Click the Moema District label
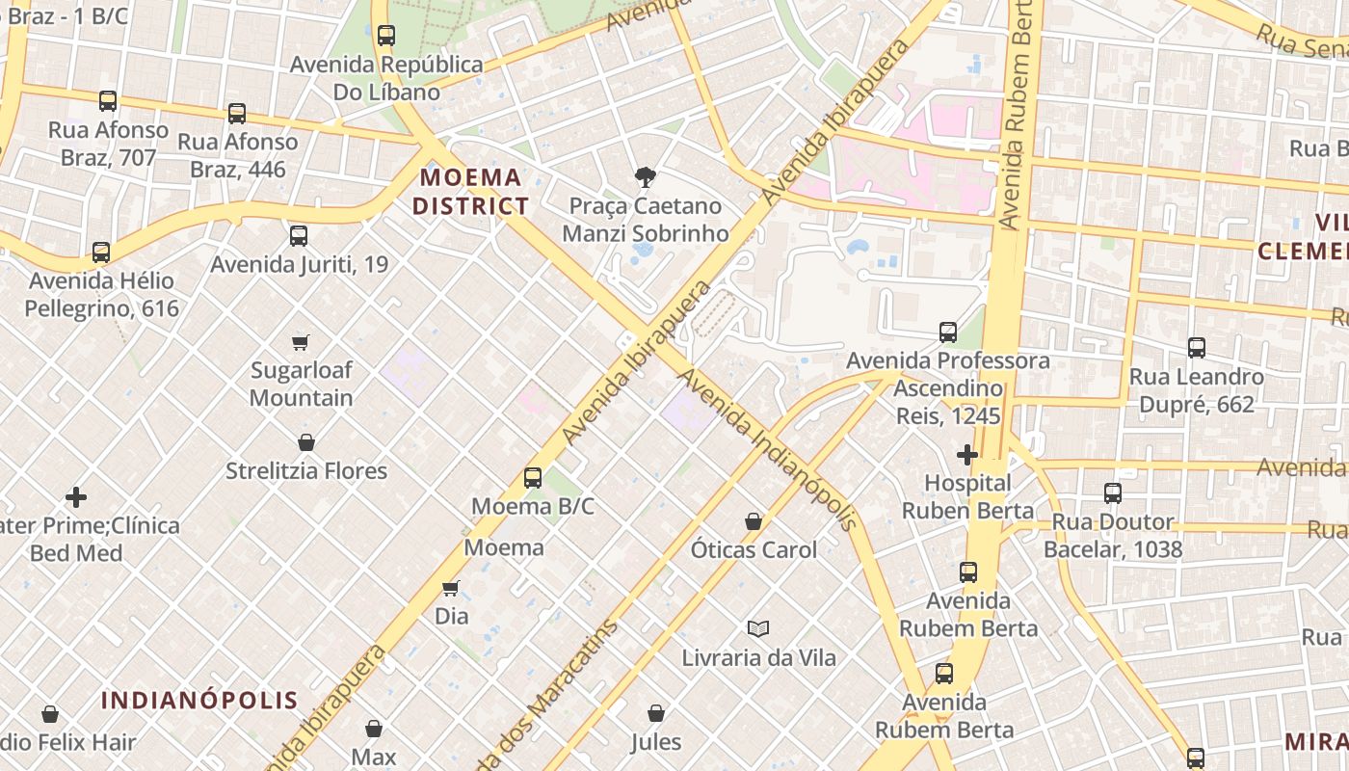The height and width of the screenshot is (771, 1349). [x=470, y=191]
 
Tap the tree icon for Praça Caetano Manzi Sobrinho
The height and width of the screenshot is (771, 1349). [x=646, y=177]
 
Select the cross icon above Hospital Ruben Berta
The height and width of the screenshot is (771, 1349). [x=967, y=454]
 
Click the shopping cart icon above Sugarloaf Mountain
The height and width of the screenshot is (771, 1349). [x=301, y=342]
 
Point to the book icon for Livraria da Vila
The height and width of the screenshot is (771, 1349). [x=758, y=629]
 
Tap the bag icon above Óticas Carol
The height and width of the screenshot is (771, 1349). [x=754, y=521]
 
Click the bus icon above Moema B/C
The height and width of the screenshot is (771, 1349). [x=532, y=478]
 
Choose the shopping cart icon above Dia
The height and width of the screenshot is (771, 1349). [x=451, y=588]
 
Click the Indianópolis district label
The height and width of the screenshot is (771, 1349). [x=199, y=701]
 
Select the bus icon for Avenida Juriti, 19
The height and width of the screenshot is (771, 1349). [x=299, y=235]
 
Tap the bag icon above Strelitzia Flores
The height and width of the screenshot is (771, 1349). [x=306, y=442]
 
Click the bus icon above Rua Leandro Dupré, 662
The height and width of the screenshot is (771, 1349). [x=1197, y=348]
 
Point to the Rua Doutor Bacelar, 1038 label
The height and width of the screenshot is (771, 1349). [x=1113, y=536]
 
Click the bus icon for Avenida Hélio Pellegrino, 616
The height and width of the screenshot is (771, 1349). [x=101, y=253]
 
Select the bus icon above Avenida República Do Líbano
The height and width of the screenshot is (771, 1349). [x=386, y=36]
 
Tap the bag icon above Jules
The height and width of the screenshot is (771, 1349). [x=656, y=713]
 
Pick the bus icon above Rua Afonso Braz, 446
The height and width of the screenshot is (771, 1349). [x=237, y=114]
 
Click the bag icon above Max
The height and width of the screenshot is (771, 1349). [x=374, y=729]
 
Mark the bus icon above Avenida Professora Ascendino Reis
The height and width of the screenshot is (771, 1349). [x=948, y=332]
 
